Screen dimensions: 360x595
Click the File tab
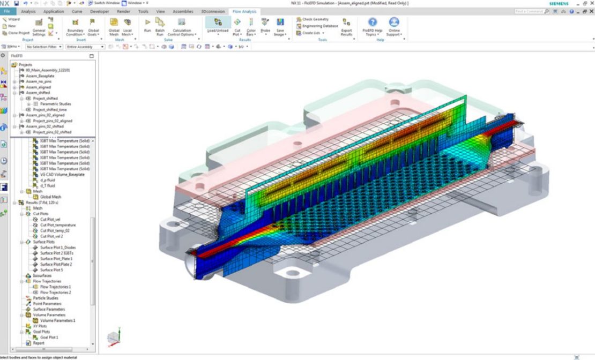tap(7, 11)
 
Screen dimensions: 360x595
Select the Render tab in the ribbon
tap(124, 11)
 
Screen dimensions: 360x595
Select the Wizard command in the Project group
tap(11, 19)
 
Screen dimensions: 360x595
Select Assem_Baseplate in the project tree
tap(40, 76)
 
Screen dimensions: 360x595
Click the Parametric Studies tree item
tap(55, 104)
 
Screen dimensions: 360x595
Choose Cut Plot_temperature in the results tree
tap(58, 225)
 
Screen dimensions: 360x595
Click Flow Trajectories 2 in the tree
tap(56, 292)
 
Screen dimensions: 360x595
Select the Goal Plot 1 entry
tap(49, 337)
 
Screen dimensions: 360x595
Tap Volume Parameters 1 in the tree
tap(58, 320)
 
